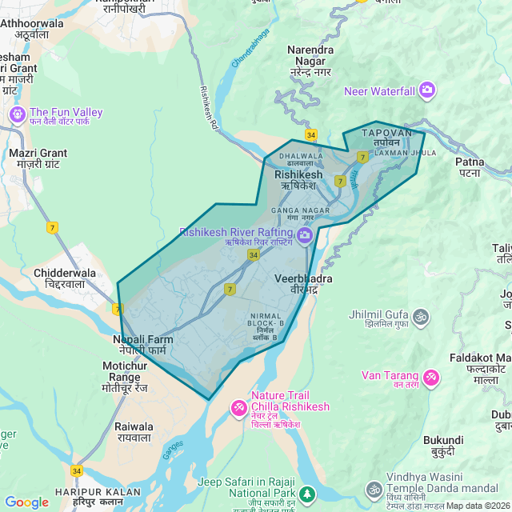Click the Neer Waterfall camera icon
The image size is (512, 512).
tap(426, 90)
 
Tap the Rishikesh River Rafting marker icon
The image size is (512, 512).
tap(304, 234)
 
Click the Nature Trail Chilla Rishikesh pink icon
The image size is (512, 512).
tap(238, 408)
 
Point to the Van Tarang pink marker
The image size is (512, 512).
tap(431, 376)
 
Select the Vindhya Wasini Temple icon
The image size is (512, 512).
tap(374, 489)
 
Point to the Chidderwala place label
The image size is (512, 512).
tap(64, 278)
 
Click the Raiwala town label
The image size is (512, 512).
tap(134, 432)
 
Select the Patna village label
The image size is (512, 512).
tap(470, 166)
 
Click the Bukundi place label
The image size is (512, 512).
tap(443, 446)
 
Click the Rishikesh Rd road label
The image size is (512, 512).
tap(209, 107)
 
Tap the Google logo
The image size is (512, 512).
tap(26, 502)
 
